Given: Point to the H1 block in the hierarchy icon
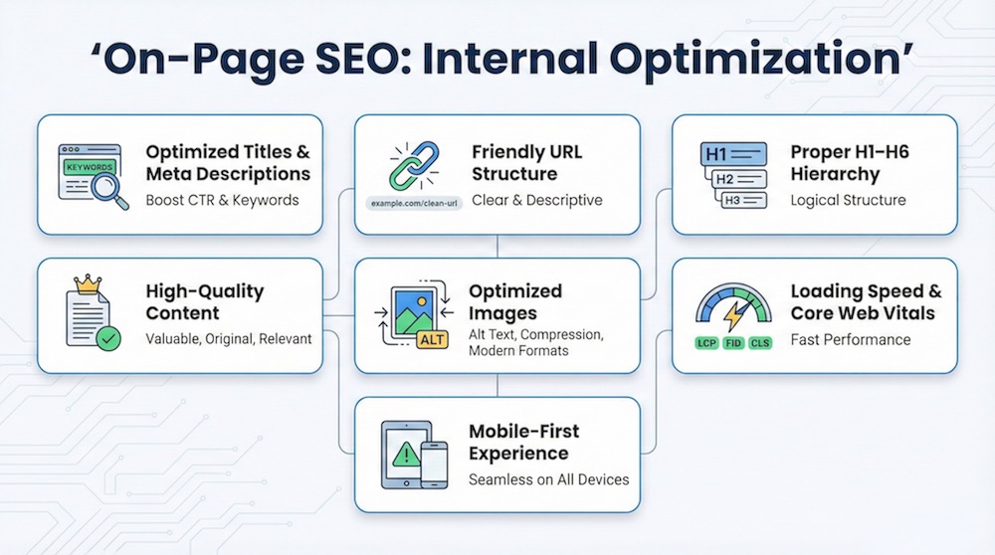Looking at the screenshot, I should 734,154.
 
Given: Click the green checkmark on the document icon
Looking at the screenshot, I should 108,338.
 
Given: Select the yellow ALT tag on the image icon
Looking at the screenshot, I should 433,339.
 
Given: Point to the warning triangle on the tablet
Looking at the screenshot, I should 404,455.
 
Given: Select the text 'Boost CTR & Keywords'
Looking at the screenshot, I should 222,200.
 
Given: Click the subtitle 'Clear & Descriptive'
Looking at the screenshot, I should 536,200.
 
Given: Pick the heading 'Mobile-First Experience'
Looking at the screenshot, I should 524,443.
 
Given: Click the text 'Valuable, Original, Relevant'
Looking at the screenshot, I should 228,339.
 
